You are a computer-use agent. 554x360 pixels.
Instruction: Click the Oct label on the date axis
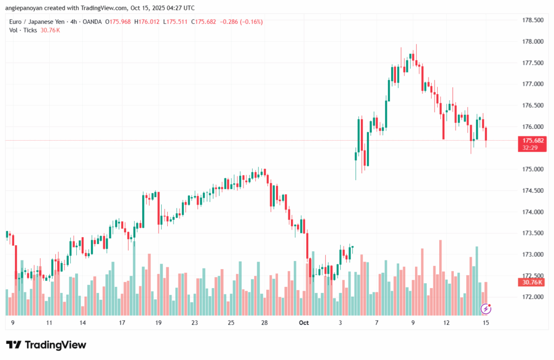[x=304, y=323]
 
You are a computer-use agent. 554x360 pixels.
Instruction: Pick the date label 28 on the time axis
[x=264, y=323]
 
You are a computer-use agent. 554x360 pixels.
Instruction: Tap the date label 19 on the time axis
[x=159, y=323]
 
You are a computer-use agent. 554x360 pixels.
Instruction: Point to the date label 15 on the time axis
[x=486, y=323]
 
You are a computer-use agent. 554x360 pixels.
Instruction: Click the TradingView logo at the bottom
[x=46, y=345]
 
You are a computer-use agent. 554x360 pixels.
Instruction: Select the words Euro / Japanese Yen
[x=36, y=22]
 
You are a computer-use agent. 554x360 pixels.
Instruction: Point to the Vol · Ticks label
[x=23, y=30]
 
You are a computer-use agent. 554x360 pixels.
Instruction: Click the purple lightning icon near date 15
[x=486, y=309]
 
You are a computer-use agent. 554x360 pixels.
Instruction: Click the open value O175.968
[x=119, y=22]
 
